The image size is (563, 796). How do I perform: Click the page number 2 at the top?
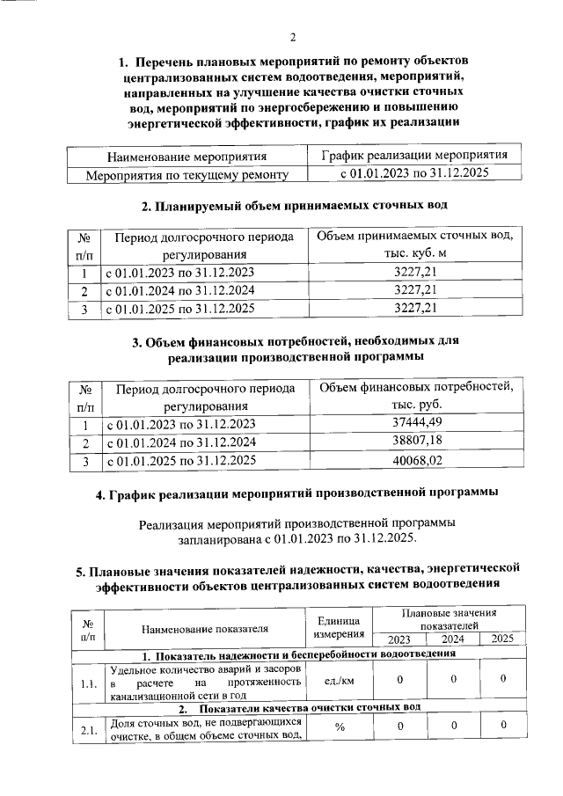pos(294,37)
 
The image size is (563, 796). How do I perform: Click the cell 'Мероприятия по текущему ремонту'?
pos(186,175)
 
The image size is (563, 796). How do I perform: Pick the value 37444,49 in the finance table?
pos(416,423)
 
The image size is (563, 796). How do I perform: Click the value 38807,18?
pos(416,441)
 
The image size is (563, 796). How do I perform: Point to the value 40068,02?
pos(416,459)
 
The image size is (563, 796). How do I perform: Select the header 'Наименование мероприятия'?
pos(186,157)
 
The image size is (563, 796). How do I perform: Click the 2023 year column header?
pos(398,639)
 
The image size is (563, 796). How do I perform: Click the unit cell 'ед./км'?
pos(339,680)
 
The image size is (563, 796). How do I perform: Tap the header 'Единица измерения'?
pos(339,627)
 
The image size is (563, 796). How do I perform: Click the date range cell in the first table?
pos(414,174)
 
